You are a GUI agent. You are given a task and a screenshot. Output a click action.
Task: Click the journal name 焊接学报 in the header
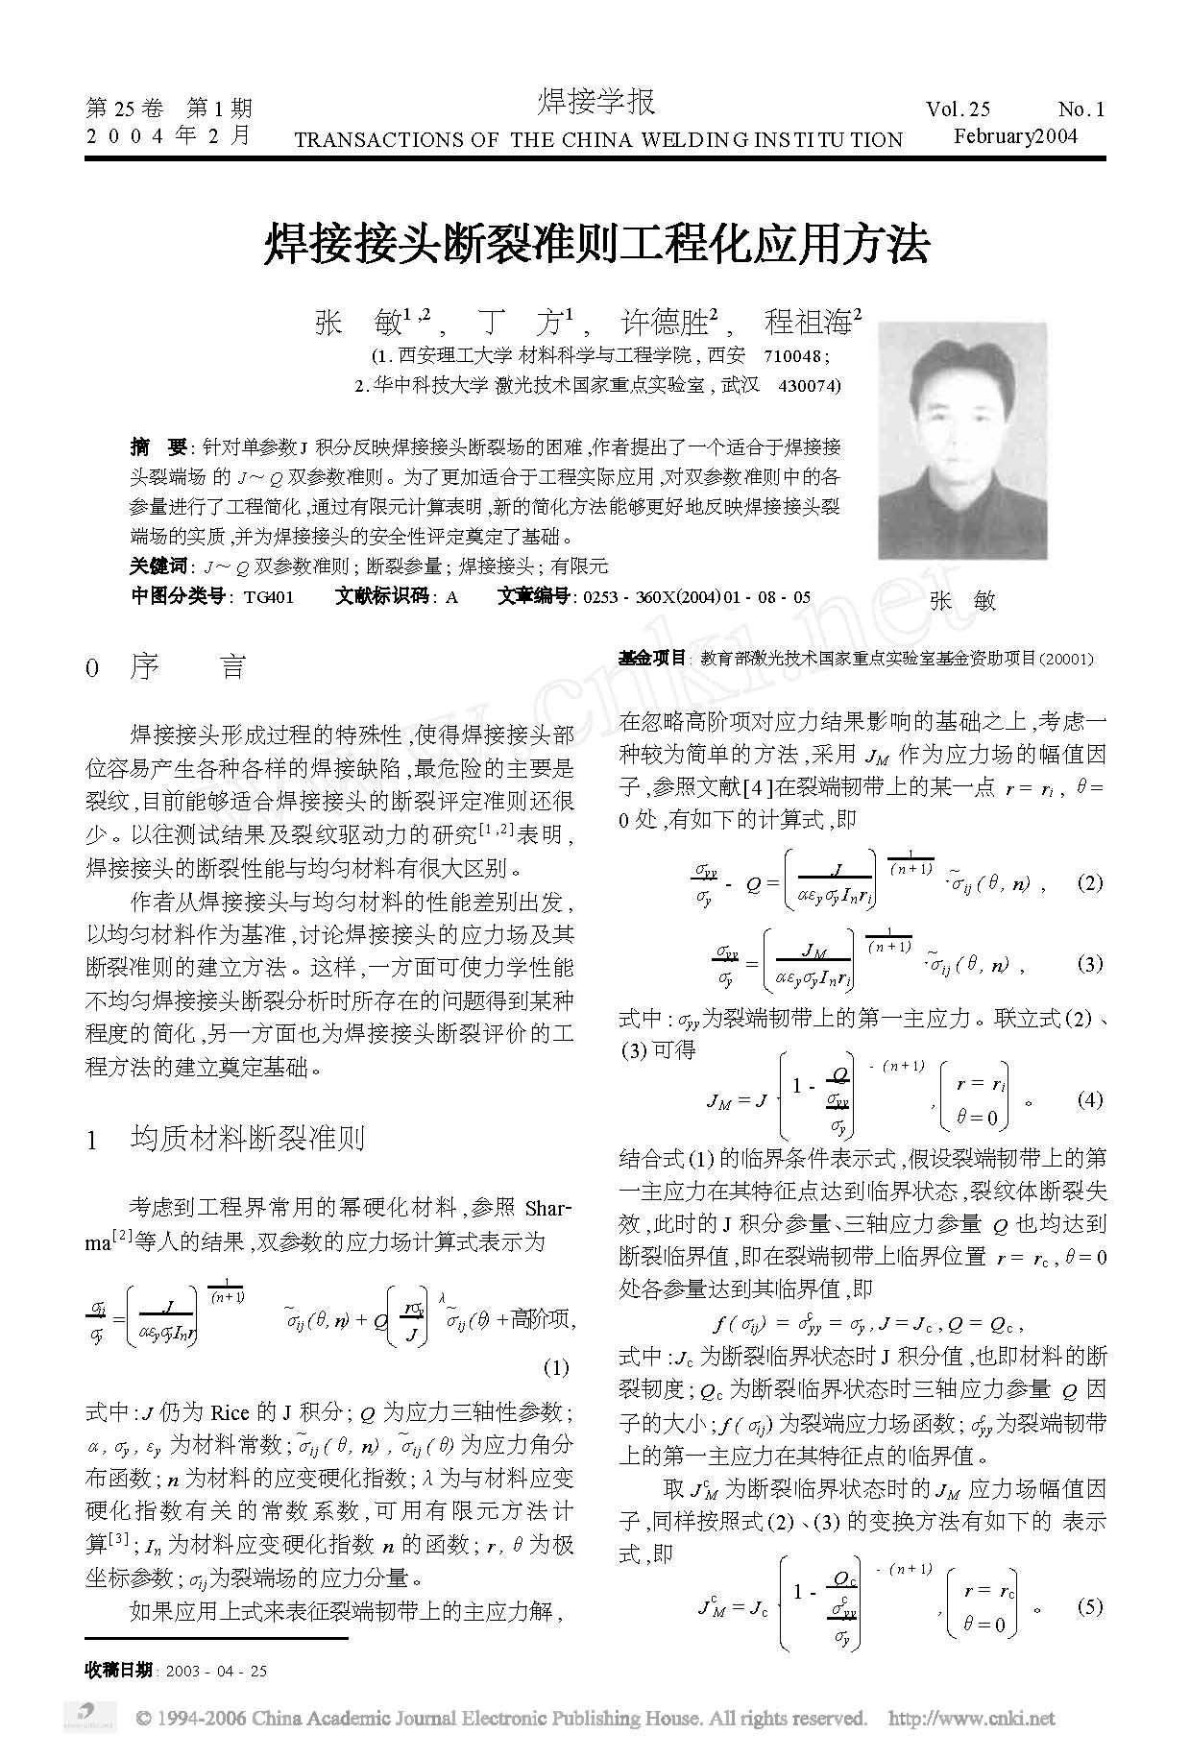(x=595, y=101)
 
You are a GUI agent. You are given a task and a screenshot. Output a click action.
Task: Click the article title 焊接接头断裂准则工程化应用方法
(x=595, y=246)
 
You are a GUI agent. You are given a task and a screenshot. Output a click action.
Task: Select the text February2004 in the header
(x=1015, y=135)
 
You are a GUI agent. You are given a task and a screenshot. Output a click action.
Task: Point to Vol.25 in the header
(x=959, y=108)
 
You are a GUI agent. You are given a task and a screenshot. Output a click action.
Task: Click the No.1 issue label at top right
(x=1081, y=108)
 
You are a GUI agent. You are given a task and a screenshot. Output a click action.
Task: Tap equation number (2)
(x=1089, y=882)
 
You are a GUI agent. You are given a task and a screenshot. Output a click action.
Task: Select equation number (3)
(x=1089, y=963)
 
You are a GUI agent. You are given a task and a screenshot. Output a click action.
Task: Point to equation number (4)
(x=1089, y=1099)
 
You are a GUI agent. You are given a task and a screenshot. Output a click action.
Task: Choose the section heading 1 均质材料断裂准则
(x=226, y=1141)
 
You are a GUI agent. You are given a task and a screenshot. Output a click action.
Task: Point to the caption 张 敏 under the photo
(x=962, y=601)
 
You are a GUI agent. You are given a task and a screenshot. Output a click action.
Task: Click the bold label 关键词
(x=158, y=566)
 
